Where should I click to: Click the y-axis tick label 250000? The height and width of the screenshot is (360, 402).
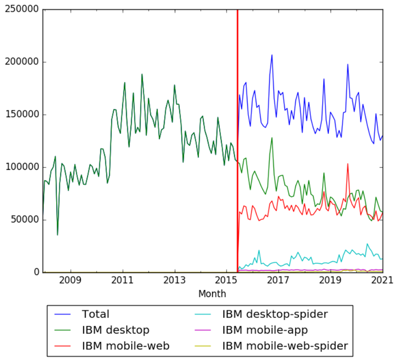tap(22, 10)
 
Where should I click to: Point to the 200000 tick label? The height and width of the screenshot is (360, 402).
tap(22, 62)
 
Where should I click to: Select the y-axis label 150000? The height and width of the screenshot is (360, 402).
tap(22, 115)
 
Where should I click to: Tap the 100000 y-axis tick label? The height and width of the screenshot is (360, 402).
tap(22, 168)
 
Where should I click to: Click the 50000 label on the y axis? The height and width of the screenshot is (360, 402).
tap(24, 220)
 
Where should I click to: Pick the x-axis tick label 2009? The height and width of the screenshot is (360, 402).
tap(71, 281)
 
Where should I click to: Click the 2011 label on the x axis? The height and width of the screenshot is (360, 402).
tap(123, 281)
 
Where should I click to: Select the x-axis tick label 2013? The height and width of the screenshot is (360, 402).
tap(175, 281)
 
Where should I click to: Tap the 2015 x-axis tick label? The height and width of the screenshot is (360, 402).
tap(226, 281)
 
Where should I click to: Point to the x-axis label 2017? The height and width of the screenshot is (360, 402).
tap(278, 281)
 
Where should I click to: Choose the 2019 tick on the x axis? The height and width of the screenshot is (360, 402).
tap(330, 281)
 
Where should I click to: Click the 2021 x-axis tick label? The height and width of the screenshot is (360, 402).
tap(383, 281)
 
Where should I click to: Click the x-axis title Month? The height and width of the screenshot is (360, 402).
tap(212, 294)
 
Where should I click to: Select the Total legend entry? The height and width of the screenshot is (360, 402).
tap(95, 314)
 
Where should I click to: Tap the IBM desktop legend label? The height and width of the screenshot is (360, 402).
tap(115, 330)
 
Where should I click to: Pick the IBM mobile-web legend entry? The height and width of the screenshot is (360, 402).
tap(126, 346)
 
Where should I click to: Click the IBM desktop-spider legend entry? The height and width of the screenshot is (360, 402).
tap(275, 314)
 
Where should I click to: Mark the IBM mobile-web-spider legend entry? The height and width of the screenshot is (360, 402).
tap(285, 346)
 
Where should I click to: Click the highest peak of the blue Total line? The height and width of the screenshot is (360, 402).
tap(272, 55)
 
